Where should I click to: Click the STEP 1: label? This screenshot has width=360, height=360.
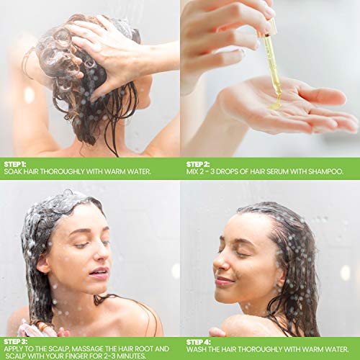click(x=15, y=163)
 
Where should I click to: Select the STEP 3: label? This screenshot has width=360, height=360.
click(x=15, y=341)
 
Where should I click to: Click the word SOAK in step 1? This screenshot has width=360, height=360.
click(x=14, y=172)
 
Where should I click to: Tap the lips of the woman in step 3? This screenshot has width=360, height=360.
click(x=99, y=274)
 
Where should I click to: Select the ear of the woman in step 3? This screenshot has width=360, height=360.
click(x=43, y=264)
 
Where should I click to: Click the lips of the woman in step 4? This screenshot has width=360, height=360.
click(x=224, y=281)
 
